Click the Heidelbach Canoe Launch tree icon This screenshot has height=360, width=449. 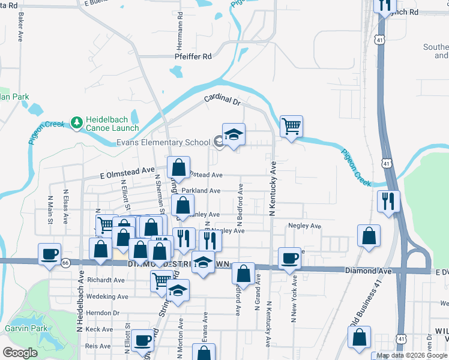[76, 124]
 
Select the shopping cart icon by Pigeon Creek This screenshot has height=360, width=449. [291, 126]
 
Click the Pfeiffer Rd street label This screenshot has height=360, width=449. [193, 56]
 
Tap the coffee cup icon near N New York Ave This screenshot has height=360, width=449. [291, 258]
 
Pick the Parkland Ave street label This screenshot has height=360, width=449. [201, 191]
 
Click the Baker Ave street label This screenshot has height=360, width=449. [20, 27]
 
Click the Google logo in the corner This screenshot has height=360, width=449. [20, 353]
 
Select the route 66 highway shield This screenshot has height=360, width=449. [65, 263]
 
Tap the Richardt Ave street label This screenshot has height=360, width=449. [106, 280]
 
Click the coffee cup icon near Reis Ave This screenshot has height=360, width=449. [143, 340]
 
